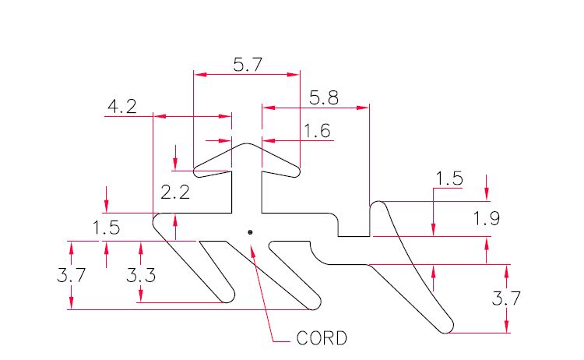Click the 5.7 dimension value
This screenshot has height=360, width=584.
coord(248,65)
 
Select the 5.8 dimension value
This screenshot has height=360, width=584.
coord(324,98)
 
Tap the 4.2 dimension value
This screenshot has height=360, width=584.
coord(121,107)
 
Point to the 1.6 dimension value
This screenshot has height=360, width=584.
coord(317,131)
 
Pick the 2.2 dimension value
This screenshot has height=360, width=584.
coord(175,192)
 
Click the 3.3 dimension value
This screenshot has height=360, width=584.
coord(141,275)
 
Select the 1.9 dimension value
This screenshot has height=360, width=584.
coord(487,218)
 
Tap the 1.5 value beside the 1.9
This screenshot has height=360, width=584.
coord(449,178)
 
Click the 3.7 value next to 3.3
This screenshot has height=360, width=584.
coord(71,275)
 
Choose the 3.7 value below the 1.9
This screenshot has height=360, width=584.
coord(506,298)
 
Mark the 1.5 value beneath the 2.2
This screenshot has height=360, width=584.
coord(106,228)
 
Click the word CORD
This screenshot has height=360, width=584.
coord(322,338)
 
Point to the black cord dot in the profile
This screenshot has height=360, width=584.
coord(250,232)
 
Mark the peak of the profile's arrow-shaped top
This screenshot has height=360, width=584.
coord(246,143)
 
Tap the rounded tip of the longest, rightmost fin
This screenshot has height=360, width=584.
coord(447,326)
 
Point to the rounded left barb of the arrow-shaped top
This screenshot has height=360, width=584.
coord(198,171)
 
